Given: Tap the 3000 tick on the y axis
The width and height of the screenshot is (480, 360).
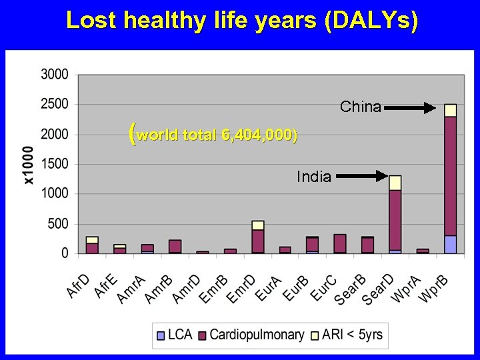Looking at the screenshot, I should point(55,74).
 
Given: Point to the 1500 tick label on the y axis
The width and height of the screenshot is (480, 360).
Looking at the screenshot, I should point(55,164).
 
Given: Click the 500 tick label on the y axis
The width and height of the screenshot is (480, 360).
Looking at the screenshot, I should point(57,224).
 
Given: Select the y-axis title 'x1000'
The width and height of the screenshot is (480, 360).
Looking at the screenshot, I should point(28,164).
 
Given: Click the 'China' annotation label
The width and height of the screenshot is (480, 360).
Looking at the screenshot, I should point(361,107).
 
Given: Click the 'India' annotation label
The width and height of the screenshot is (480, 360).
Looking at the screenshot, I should point(314,177).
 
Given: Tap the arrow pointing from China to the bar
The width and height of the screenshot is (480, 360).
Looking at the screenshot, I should point(411,106).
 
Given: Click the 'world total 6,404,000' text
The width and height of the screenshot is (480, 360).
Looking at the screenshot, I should point(213,135).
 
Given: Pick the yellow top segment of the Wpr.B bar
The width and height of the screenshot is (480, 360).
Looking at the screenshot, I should point(451,110).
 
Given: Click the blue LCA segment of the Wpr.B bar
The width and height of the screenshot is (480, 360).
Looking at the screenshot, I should point(451,244).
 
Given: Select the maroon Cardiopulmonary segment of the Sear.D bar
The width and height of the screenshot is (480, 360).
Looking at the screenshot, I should point(395,220).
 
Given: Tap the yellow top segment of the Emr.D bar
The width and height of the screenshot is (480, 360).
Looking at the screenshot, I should point(258,225).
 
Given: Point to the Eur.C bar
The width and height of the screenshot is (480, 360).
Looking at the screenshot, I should point(340,243).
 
